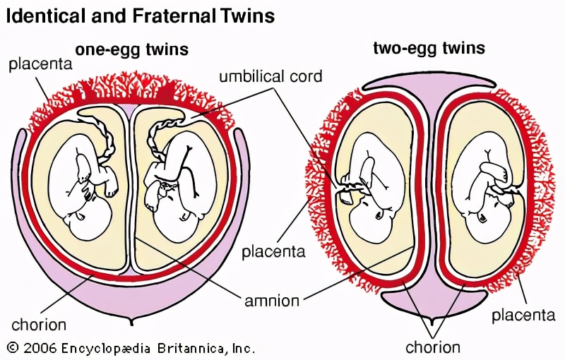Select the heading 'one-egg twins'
[132, 49]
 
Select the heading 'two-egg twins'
[429, 48]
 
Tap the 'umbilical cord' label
[270, 76]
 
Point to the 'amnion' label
[272, 301]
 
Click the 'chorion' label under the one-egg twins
[39, 325]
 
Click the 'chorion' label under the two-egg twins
[433, 347]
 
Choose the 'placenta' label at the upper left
[40, 65]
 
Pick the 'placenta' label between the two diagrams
[273, 251]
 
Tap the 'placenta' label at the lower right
[523, 315]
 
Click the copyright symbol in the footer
[13, 347]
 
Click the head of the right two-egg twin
[487, 222]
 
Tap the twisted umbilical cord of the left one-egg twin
[107, 142]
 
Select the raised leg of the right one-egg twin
[190, 169]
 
